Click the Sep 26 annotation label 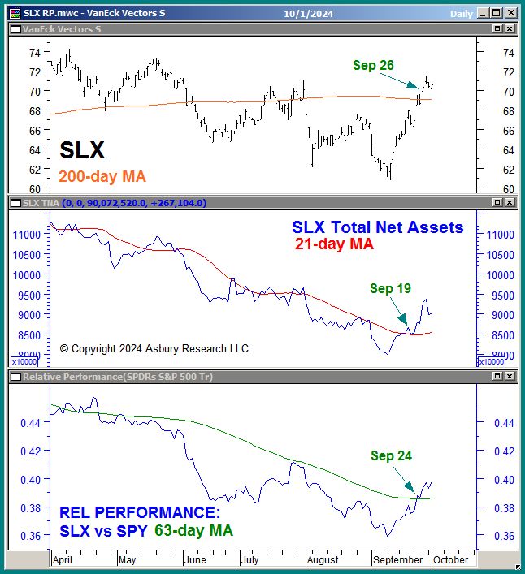tap(374, 65)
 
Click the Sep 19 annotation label tap(390, 288)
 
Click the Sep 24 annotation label tap(391, 455)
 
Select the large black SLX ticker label tap(82, 150)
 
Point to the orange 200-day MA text tap(102, 176)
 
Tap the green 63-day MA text tap(193, 531)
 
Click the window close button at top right tap(510, 13)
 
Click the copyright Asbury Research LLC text tap(154, 348)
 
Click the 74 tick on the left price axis tap(35, 52)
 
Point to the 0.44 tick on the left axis tap(29, 423)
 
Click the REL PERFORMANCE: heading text tap(140, 513)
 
